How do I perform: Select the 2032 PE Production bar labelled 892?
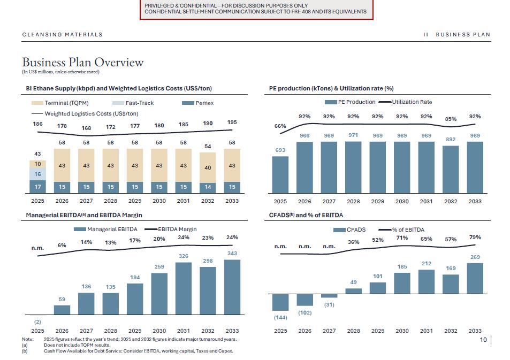tap(451, 169)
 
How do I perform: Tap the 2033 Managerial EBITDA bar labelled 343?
tap(232, 287)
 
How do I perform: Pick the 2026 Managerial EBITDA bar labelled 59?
tap(62, 310)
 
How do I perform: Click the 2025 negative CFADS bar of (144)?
tap(280, 302)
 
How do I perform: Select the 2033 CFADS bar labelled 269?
tap(475, 278)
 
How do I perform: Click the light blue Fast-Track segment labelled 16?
tap(37, 174)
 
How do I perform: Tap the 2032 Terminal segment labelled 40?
tap(208, 167)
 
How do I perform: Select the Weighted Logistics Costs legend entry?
tap(85, 113)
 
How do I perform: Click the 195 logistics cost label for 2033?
tap(232, 122)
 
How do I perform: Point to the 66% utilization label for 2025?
tap(280, 126)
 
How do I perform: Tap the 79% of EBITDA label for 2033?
tap(475, 237)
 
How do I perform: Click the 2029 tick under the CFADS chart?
tap(378, 331)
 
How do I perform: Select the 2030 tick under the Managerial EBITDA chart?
tap(159, 331)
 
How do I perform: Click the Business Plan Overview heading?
tap(83, 62)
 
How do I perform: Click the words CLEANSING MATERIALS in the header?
tap(62, 35)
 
